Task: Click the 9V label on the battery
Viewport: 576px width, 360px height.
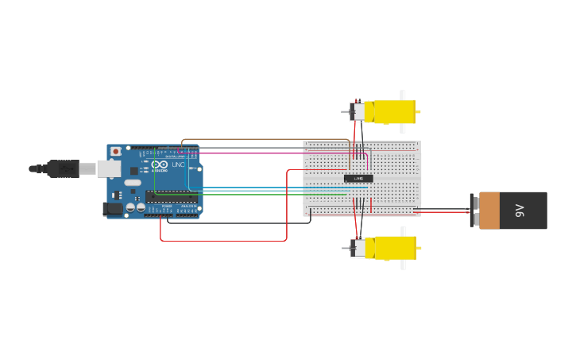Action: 520,211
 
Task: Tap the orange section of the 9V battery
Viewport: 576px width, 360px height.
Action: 489,211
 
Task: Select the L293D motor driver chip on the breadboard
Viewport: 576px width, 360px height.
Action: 358,178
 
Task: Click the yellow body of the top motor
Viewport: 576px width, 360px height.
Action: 393,111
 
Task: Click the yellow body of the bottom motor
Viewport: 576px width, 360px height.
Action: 394,248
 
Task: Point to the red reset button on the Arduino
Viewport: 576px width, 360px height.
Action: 116,151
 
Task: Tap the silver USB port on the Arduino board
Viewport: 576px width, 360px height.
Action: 108,168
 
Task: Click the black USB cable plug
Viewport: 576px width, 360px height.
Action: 62,168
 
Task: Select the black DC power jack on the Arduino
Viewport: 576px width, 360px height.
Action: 113,209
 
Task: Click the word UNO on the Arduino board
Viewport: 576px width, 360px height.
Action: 178,165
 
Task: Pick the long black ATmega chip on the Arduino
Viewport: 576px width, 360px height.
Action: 171,197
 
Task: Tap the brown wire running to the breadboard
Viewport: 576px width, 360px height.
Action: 262,140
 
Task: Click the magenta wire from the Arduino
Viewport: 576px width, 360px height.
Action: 262,153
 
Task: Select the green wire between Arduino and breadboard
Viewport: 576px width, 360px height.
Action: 262,194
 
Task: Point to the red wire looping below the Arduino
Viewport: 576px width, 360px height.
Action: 222,240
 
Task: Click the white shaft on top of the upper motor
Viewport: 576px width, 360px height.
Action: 403,95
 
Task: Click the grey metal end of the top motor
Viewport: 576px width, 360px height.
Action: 358,111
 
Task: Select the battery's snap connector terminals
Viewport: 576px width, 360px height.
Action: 474,211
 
